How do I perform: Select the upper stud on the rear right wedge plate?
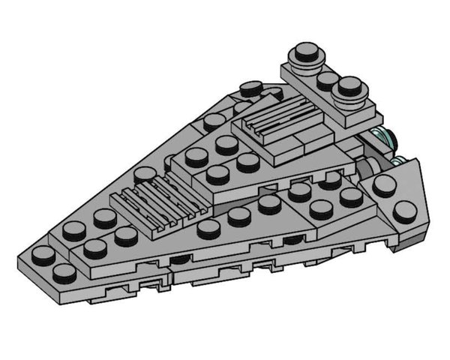pos(385,185)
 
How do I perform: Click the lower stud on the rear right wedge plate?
pos(404,211)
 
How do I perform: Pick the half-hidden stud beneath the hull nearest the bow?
pos(180,259)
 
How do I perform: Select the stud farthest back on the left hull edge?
pos(250,89)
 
